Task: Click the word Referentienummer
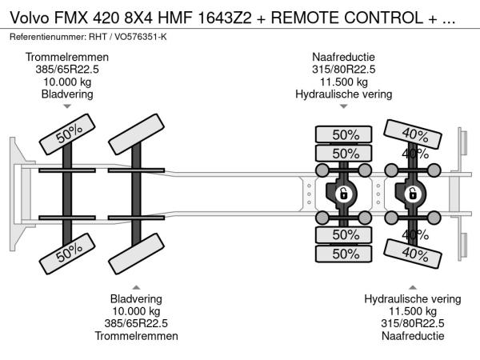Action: [x=47, y=38]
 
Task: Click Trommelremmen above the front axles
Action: [x=67, y=58]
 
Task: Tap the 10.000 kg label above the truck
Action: [x=67, y=82]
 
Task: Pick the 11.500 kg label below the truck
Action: [x=413, y=311]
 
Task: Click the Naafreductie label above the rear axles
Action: [x=343, y=58]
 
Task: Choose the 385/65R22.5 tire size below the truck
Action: [x=136, y=323]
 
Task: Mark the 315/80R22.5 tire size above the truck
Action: [x=343, y=70]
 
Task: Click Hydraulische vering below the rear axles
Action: [x=413, y=299]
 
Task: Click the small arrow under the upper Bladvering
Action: [x=67, y=106]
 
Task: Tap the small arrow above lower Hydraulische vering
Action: [x=413, y=286]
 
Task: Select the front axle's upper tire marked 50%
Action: [x=68, y=138]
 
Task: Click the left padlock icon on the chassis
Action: [x=343, y=194]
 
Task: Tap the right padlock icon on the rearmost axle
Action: [x=413, y=194]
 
